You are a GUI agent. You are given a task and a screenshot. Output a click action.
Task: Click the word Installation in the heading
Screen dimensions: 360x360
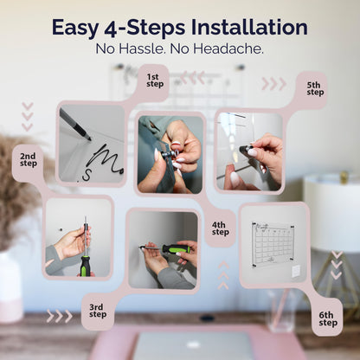click(249, 28)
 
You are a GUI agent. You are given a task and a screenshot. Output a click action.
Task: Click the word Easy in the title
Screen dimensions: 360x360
click(75, 29)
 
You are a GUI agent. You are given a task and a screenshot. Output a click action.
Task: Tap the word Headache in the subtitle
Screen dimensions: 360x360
click(228, 48)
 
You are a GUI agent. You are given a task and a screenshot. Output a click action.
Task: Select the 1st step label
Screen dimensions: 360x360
click(155, 80)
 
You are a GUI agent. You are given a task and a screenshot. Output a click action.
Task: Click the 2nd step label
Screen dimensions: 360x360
click(29, 160)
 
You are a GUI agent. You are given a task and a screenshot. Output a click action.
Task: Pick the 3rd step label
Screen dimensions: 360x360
click(98, 311)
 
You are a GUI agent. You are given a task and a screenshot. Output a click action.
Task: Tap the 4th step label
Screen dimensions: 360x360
click(221, 228)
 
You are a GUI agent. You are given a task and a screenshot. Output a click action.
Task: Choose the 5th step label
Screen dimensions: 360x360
click(315, 88)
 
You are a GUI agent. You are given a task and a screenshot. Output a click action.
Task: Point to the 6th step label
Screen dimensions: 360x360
click(328, 319)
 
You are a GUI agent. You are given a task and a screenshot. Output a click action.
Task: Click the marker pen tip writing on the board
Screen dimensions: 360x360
click(89, 138)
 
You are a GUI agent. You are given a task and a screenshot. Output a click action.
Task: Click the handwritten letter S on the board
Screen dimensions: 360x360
click(87, 175)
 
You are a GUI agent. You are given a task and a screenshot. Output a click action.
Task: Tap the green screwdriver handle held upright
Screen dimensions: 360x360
click(86, 266)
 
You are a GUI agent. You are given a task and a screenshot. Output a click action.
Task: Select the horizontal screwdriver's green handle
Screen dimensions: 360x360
click(174, 248)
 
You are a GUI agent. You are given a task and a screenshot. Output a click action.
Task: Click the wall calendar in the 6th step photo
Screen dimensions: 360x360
click(273, 244)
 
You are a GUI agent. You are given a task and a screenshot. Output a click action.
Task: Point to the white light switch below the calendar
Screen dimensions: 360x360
click(296, 271)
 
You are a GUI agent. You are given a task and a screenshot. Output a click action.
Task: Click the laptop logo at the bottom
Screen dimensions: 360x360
click(193, 344)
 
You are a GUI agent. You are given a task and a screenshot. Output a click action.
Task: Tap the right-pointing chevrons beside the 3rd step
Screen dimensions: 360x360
click(60, 316)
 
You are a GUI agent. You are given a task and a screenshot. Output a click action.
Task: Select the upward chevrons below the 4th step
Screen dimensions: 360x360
click(223, 275)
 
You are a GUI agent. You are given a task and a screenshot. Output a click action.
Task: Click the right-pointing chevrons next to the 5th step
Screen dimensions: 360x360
click(274, 84)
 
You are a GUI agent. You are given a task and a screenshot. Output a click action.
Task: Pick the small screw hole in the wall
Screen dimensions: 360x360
click(61, 229)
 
